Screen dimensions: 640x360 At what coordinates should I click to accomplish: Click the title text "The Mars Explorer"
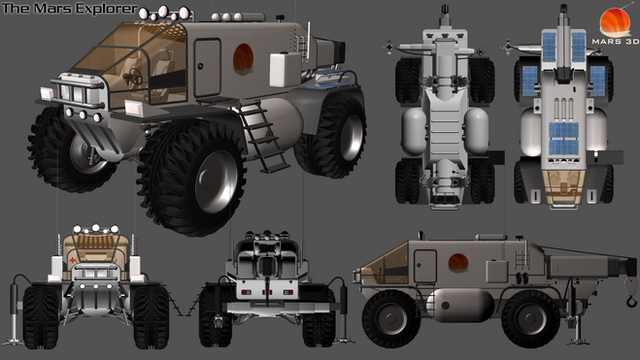coord(70,9)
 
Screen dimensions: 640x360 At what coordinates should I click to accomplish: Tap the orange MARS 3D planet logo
coord(615,23)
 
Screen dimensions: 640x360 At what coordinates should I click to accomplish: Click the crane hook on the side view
coord(631,299)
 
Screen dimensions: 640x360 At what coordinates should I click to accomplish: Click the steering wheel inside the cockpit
coord(135,77)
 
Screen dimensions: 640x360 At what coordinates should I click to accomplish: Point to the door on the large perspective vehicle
coord(207,67)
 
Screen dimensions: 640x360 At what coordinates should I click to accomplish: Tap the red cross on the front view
coord(73,260)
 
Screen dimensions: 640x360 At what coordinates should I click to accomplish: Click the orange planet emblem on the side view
coord(458,262)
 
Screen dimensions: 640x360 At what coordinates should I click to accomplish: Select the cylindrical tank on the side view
coord(459,305)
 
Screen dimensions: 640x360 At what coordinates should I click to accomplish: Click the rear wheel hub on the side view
coord(531,319)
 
